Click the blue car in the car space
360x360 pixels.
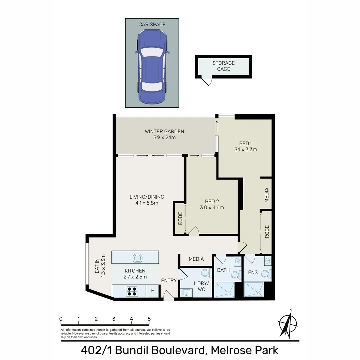[x=152, y=66]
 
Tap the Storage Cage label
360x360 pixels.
[x=224, y=66]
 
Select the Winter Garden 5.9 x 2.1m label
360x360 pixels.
[x=164, y=134]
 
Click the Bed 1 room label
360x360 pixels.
[x=245, y=146]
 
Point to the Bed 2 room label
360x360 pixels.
[x=212, y=204]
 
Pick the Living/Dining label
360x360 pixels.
[x=147, y=200]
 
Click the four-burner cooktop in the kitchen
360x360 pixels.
[x=132, y=291]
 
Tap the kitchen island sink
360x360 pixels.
[x=137, y=258]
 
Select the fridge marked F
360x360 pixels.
[x=152, y=291]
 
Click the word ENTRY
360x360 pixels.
[x=169, y=281]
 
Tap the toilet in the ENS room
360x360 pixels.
[x=264, y=274]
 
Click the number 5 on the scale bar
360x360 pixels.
[x=149, y=319]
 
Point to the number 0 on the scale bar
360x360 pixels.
[x=61, y=319]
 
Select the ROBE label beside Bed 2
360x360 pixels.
[x=180, y=218]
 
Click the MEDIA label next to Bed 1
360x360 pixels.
[x=266, y=195]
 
